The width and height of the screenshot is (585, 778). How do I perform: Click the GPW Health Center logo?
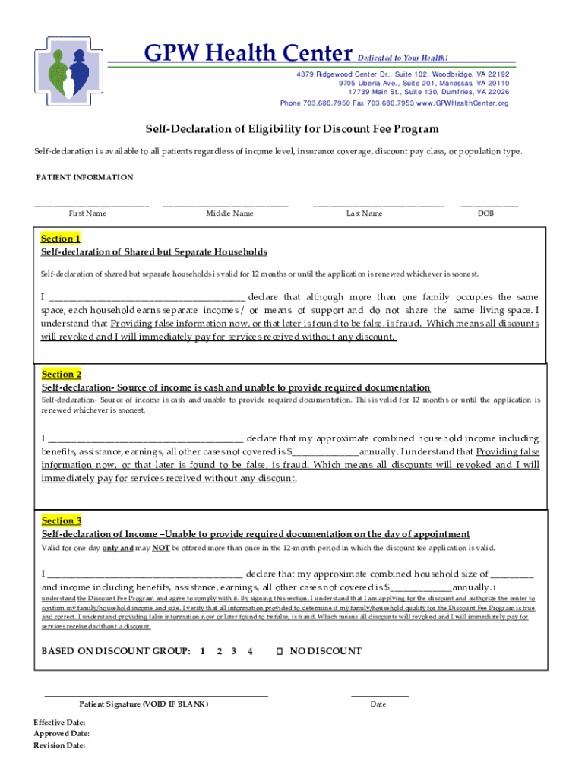[x=68, y=69]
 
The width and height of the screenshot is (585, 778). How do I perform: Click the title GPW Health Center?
[x=248, y=54]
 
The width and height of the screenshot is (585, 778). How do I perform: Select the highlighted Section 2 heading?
[x=62, y=375]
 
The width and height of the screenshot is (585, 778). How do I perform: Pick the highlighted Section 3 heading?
[x=62, y=520]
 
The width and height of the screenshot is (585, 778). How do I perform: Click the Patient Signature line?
[x=156, y=695]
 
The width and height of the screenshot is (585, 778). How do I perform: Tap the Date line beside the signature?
[x=379, y=695]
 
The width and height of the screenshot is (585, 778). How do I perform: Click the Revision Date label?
[x=59, y=745]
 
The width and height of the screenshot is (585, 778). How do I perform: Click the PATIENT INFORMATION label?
[x=85, y=177]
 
